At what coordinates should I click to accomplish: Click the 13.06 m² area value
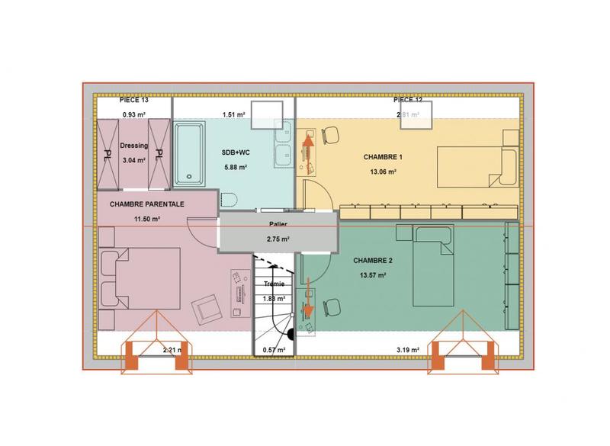383,172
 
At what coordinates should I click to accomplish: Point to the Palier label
278,224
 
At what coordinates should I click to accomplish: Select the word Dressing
133,146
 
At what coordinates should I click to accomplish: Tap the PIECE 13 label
133,101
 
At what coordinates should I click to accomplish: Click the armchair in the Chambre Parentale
204,308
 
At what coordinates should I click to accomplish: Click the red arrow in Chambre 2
309,298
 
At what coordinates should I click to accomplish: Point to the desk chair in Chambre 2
330,306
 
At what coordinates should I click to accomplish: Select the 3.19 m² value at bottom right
408,350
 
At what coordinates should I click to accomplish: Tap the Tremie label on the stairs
273,284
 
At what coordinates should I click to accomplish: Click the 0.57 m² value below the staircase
273,350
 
